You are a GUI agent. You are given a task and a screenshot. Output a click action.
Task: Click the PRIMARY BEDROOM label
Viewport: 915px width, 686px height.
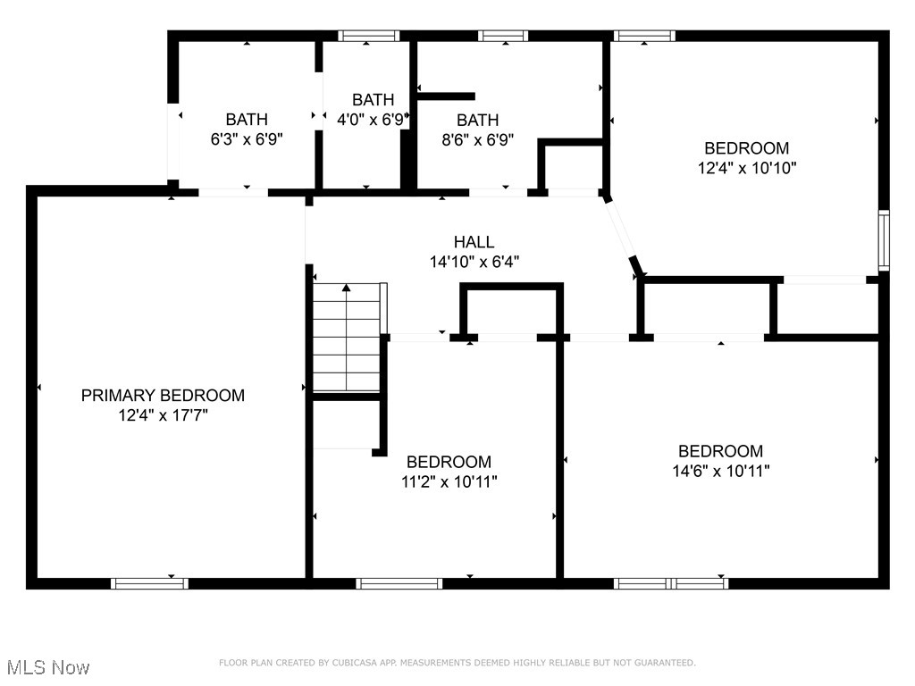tap(163, 396)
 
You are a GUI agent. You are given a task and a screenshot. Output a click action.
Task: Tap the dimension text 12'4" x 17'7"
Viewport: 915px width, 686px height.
tap(164, 415)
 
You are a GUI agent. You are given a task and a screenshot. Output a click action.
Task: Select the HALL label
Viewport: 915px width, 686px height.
tap(474, 241)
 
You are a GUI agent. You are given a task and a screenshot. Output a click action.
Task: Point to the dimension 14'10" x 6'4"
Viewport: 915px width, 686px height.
tap(474, 262)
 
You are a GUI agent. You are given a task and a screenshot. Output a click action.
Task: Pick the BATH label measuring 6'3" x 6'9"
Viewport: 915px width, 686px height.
tap(247, 120)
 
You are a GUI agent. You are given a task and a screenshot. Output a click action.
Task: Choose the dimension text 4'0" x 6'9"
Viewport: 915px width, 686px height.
tap(371, 120)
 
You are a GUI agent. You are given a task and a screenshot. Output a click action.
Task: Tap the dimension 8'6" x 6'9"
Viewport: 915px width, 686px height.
tap(478, 140)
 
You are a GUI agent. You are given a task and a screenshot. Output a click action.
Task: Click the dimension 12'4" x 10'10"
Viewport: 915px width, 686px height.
tap(747, 168)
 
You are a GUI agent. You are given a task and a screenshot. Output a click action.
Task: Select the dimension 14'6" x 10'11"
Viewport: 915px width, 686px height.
tap(721, 471)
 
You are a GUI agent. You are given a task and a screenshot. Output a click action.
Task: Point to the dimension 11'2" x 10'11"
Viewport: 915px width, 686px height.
tap(449, 481)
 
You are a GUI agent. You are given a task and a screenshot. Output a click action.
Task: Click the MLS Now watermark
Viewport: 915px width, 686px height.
tap(48, 667)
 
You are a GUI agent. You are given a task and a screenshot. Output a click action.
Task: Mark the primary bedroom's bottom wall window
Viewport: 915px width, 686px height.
tap(150, 583)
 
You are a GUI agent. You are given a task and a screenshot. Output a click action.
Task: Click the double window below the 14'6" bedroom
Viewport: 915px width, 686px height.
tap(671, 583)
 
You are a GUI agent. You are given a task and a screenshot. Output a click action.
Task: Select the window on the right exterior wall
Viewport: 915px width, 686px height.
tap(884, 240)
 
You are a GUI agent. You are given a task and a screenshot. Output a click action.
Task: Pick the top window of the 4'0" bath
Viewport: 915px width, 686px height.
tap(369, 36)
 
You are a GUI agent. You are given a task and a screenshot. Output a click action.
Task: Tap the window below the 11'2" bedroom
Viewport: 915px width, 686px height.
tap(399, 583)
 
